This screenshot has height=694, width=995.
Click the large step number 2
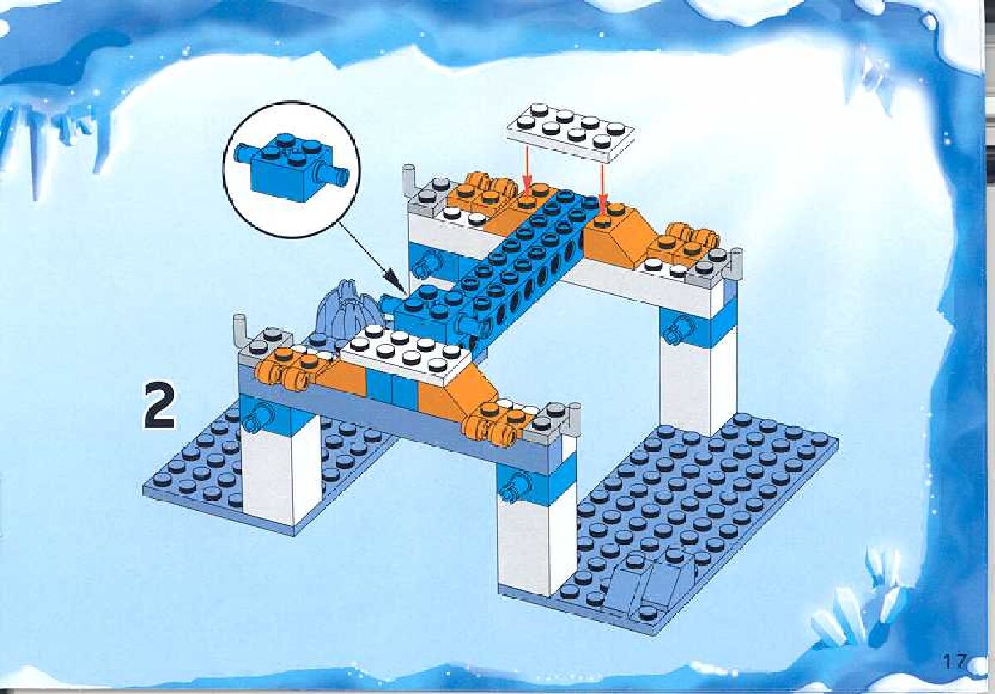pyautogui.click(x=159, y=404)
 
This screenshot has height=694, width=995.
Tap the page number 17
pyautogui.click(x=954, y=662)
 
